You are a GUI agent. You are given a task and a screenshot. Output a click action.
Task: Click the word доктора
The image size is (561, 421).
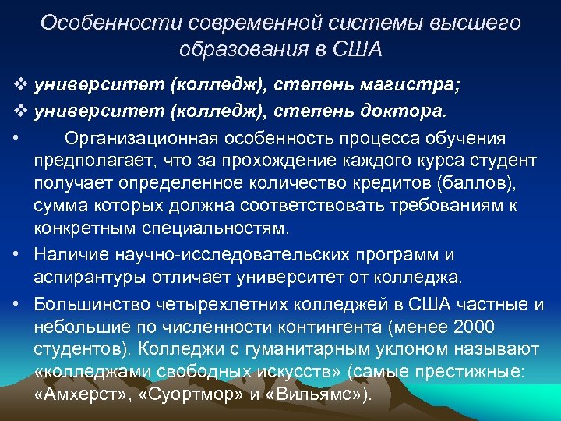(x=404, y=110)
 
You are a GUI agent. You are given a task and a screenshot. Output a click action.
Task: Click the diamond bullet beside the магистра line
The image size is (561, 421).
(x=19, y=83)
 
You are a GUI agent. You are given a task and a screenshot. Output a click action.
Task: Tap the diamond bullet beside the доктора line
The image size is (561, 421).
(x=19, y=110)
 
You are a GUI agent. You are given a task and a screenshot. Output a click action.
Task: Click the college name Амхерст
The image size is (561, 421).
(x=80, y=394)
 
